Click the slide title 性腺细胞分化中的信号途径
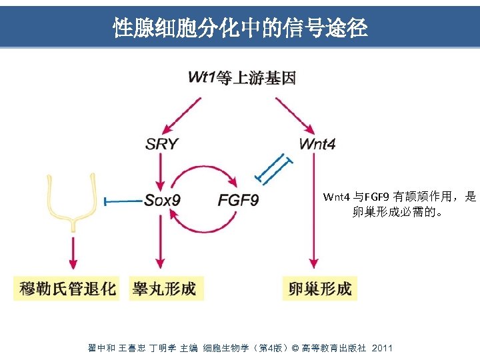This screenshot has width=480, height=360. (240, 27)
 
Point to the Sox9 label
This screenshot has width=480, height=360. (162, 200)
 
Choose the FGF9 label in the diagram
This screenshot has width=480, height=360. (238, 200)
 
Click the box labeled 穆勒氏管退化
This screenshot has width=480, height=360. (67, 289)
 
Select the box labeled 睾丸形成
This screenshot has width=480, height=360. (164, 289)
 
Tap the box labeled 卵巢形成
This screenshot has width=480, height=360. (319, 289)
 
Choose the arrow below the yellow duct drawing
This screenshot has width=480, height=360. (72, 250)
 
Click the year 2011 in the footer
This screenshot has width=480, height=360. (382, 348)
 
